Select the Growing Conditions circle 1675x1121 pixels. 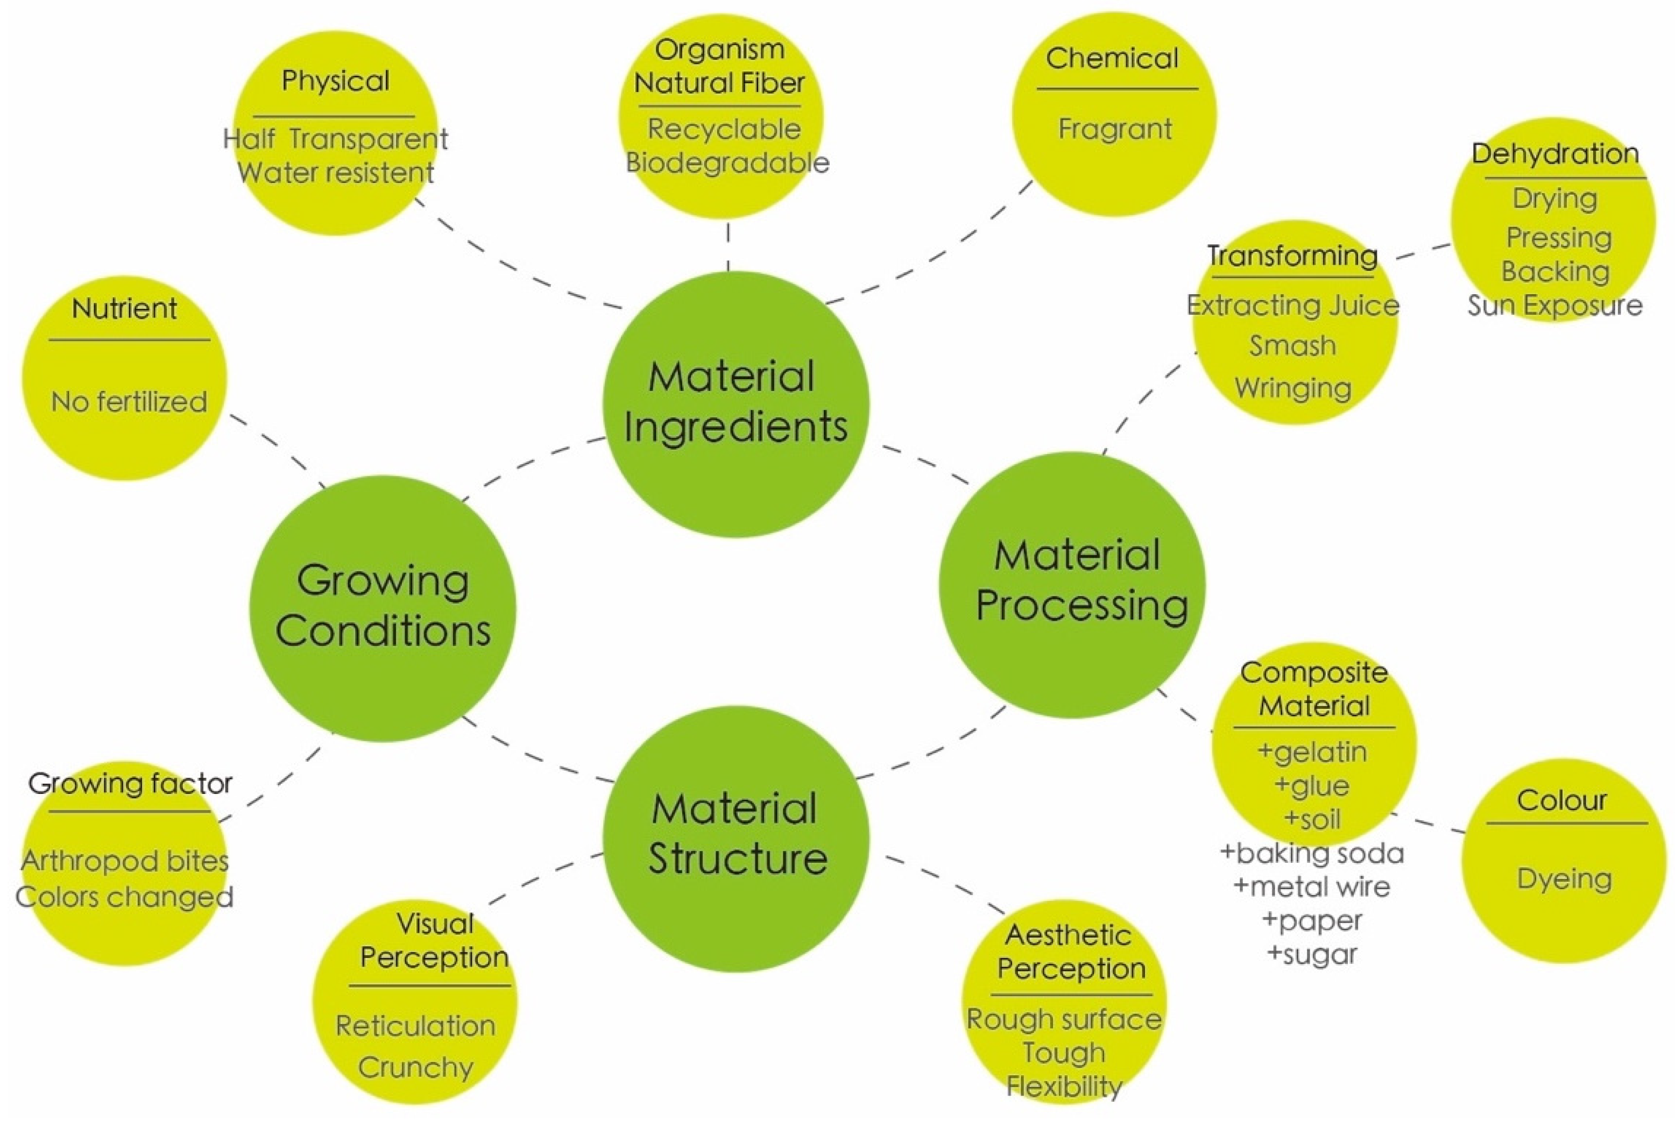pyautogui.click(x=383, y=608)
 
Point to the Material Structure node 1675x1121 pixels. pyautogui.click(x=737, y=836)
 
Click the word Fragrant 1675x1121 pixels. pyautogui.click(x=1114, y=130)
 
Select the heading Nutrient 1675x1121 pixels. pyautogui.click(x=124, y=309)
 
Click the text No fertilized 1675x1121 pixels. pyautogui.click(x=129, y=402)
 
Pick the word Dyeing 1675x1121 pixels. pyautogui.click(x=1564, y=878)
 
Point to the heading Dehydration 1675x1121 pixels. pyautogui.click(x=1555, y=154)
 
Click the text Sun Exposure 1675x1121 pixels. pyautogui.click(x=1555, y=306)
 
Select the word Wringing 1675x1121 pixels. pyautogui.click(x=1292, y=388)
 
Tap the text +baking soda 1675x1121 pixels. pyautogui.click(x=1312, y=854)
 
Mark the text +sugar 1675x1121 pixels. pyautogui.click(x=1312, y=954)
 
